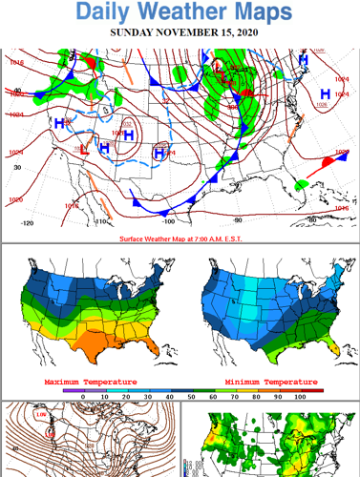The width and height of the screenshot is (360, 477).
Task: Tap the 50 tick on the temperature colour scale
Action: pos(191,396)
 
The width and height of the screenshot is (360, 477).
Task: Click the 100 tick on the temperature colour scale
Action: pos(299,396)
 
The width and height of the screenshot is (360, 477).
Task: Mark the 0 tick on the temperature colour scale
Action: pos(83,396)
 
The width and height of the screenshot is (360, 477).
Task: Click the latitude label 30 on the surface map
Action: pos(16,168)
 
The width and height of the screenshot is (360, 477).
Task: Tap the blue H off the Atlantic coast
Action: pos(325,93)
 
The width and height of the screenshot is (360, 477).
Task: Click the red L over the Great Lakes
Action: pos(219,65)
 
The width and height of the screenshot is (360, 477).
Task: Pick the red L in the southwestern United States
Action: pos(84,149)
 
